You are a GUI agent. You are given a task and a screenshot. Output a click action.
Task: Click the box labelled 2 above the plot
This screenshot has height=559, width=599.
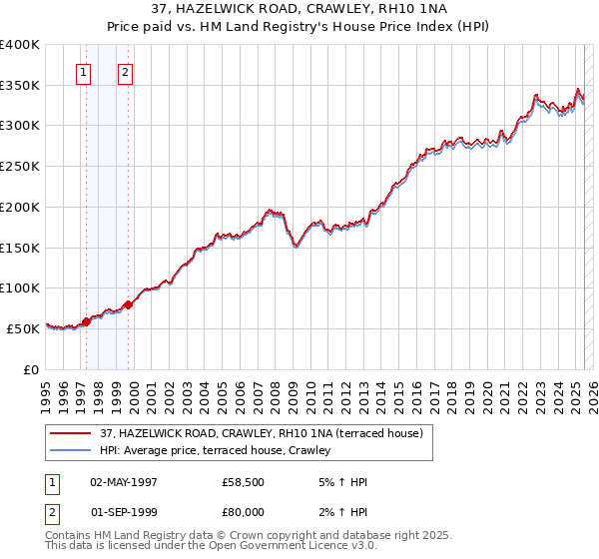click(125, 72)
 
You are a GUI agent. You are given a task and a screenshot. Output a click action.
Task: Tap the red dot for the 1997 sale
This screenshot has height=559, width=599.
click(86, 321)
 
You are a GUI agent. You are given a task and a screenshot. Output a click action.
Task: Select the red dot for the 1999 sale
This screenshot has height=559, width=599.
click(128, 304)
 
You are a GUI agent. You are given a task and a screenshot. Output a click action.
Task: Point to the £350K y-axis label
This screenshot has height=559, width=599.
click(20, 86)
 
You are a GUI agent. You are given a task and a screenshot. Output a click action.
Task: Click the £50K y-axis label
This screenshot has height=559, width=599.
click(23, 328)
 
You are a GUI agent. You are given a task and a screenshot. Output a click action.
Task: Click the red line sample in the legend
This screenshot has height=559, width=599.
click(71, 433)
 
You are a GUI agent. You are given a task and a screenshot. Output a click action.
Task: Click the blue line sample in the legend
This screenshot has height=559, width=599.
click(71, 451)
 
